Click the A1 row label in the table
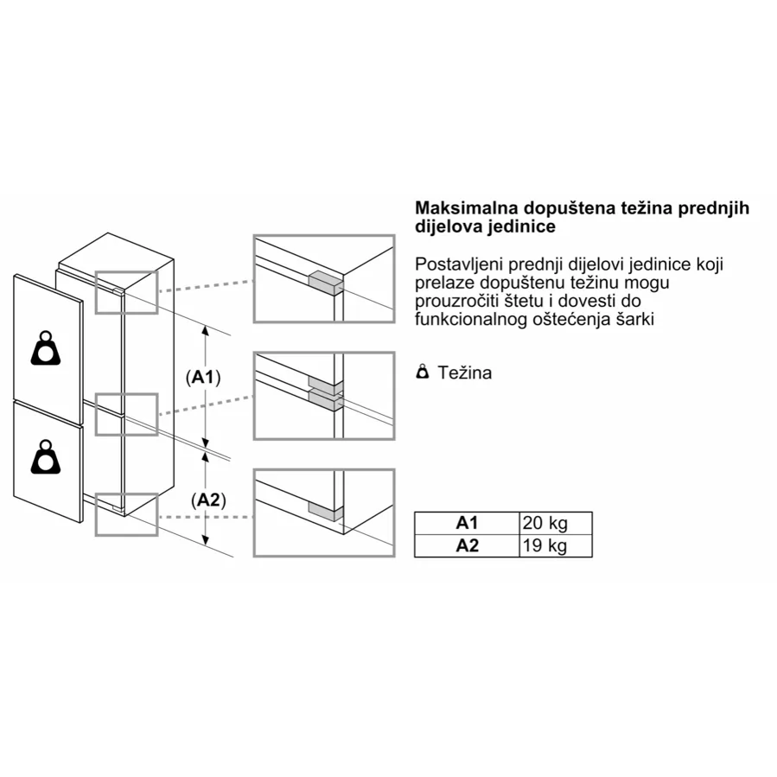click(x=467, y=523)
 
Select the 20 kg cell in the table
click(x=556, y=523)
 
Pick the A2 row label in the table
click(x=467, y=545)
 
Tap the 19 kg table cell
click(x=556, y=545)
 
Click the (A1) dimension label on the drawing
click(x=203, y=378)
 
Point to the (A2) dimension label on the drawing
click(x=208, y=500)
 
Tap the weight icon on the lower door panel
click(x=46, y=456)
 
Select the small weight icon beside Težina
click(x=422, y=371)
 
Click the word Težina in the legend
click(x=465, y=373)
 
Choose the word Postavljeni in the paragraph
click(x=459, y=264)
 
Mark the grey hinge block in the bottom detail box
click(x=326, y=511)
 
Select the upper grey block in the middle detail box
click(x=326, y=383)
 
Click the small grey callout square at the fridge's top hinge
click(x=126, y=292)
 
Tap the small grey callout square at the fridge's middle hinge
click(x=126, y=415)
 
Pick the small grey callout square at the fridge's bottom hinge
click(x=126, y=515)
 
